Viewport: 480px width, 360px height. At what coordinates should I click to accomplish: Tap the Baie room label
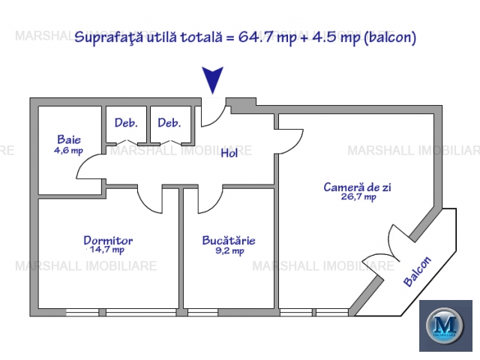point(69,139)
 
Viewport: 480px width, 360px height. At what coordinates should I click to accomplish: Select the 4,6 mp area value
point(68,151)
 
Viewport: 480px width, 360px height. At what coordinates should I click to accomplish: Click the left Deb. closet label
point(126,123)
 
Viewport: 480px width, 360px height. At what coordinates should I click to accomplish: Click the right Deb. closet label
point(169,123)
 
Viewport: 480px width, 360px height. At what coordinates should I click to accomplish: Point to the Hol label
point(229,153)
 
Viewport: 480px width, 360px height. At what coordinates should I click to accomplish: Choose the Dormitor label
point(108,240)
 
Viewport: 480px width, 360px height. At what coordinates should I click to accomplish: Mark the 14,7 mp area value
point(107,250)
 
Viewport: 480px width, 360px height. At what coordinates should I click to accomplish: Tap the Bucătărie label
point(229,240)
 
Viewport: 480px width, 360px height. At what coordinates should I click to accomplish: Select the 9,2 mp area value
point(229,251)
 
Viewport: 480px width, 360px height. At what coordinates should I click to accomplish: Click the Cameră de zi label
point(357,187)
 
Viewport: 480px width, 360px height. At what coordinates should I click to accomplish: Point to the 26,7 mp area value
point(358,196)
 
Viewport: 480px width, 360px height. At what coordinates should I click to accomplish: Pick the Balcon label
point(417,271)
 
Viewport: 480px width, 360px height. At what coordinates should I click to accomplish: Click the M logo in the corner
point(445,325)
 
